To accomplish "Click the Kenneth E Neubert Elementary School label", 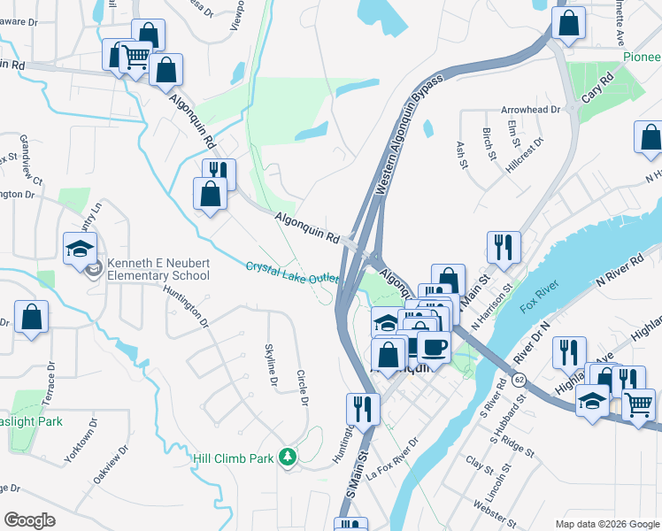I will (x=158, y=269).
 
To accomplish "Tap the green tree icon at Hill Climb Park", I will (x=287, y=457).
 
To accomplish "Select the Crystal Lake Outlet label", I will (x=292, y=271).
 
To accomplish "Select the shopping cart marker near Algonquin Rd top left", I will (x=135, y=58).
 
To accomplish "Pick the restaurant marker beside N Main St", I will (x=504, y=247).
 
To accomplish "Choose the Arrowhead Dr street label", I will (x=531, y=110).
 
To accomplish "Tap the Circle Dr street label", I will (x=302, y=388).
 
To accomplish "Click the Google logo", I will (x=29, y=520).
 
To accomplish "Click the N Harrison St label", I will (x=494, y=306).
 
